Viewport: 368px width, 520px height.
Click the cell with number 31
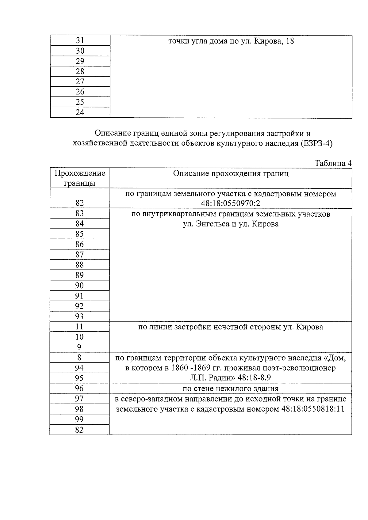pyautogui.click(x=80, y=40)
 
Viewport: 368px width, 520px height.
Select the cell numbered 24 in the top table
pyautogui.click(x=80, y=112)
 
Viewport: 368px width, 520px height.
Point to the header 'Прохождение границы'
pyautogui.click(x=80, y=178)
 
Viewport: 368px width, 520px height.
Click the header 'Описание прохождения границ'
pyautogui.click(x=231, y=174)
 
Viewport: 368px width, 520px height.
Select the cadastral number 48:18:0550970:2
pyautogui.click(x=231, y=203)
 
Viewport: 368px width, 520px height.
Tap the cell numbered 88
pyautogui.click(x=79, y=265)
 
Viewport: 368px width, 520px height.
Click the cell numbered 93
pyautogui.click(x=79, y=316)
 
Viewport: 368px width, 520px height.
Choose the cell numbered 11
pyautogui.click(x=79, y=327)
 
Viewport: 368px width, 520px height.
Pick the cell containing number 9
pyautogui.click(x=79, y=347)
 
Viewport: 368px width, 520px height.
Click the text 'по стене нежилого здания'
pyautogui.click(x=231, y=389)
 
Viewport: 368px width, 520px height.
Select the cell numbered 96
pyautogui.click(x=79, y=388)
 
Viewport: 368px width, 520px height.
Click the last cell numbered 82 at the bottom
pyautogui.click(x=79, y=430)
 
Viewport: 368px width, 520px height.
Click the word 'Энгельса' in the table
pyautogui.click(x=208, y=224)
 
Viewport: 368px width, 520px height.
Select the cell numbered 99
pyautogui.click(x=79, y=419)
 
